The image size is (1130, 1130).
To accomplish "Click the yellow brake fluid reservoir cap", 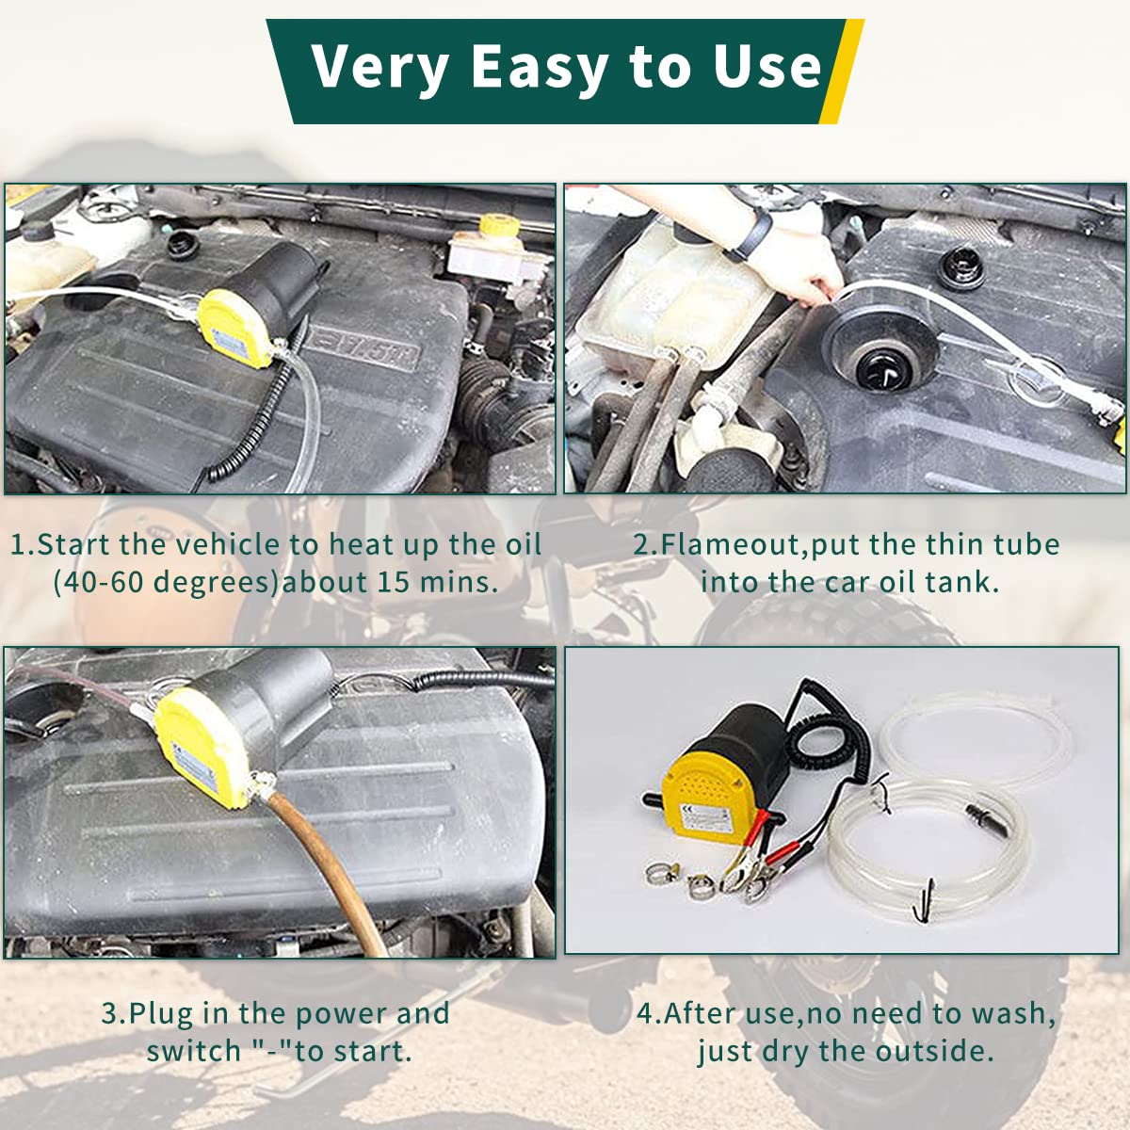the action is [x=492, y=226].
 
